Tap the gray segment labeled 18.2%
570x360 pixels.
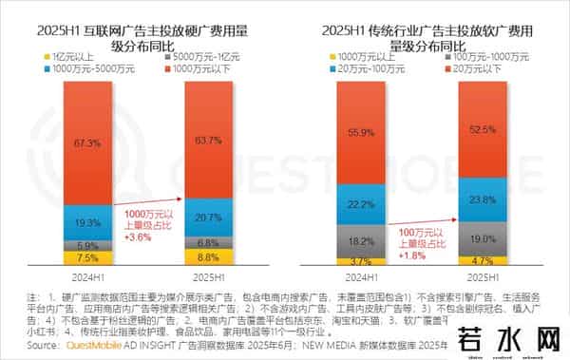(x=354, y=241)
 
